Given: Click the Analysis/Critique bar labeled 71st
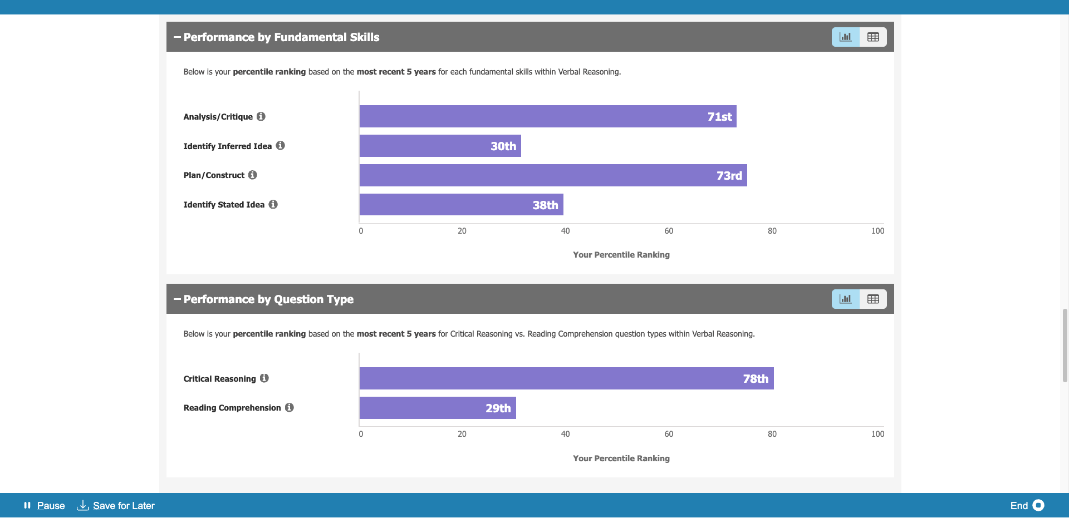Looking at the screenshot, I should (x=548, y=116).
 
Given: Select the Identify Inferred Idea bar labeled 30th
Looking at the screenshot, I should (x=440, y=146).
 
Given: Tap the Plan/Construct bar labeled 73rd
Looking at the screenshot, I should (x=553, y=175).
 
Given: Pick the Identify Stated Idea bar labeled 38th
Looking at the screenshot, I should (x=461, y=205).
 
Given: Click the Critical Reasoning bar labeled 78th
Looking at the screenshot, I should (x=566, y=378).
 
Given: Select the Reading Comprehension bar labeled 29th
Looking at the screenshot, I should (x=438, y=408).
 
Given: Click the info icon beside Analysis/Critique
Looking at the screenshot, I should (x=261, y=116).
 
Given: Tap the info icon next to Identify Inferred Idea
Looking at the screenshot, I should (x=281, y=146).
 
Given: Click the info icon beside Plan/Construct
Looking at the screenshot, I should (x=253, y=175).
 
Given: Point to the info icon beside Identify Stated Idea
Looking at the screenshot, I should (x=273, y=204).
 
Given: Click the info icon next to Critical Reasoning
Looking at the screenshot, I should (x=264, y=378).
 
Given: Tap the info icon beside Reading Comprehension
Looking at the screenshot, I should (x=290, y=407).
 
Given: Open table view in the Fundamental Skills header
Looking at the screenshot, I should (x=873, y=37).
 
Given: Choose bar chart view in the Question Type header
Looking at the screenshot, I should (x=846, y=299).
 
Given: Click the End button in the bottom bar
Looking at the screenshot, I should (x=1027, y=505).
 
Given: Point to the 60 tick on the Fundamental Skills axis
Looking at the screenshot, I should (x=669, y=231).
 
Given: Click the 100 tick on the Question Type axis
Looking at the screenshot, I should (x=877, y=434).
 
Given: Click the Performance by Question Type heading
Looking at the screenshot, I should (x=268, y=299).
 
